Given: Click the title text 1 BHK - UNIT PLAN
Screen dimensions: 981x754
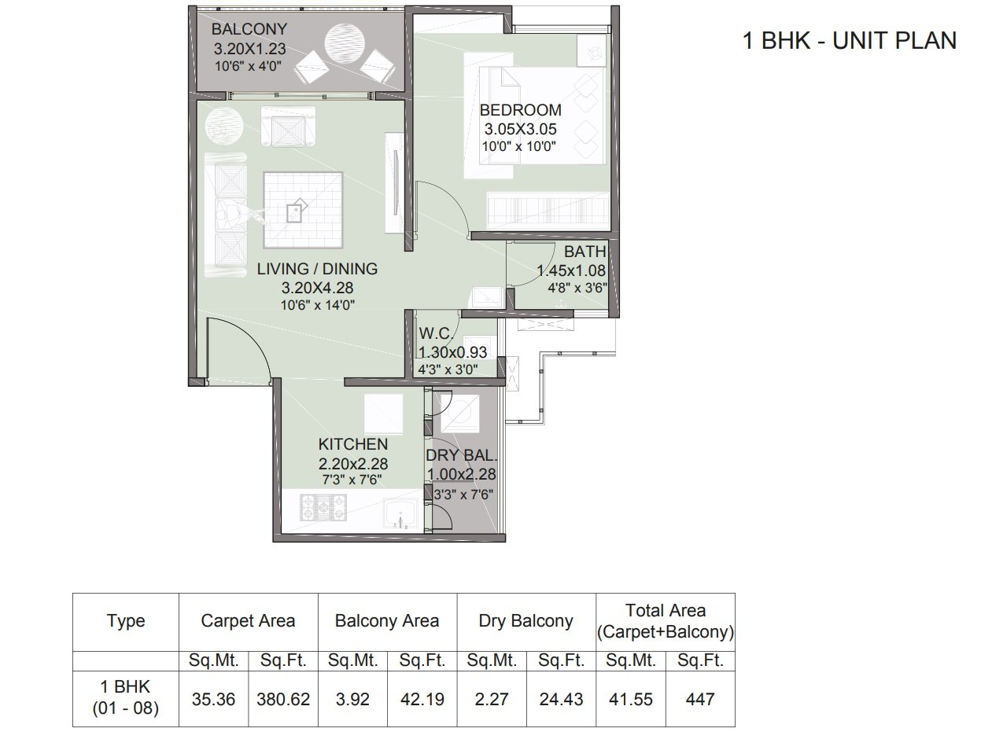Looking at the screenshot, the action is point(849,41).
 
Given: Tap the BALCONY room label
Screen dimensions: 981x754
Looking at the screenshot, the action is point(249,29).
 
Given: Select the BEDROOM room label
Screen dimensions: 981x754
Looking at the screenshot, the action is point(521,110).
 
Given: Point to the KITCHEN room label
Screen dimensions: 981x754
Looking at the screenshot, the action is point(353,444).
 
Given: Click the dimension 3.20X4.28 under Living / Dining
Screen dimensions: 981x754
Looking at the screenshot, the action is point(317,288).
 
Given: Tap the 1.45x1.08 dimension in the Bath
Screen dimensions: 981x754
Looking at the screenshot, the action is point(571,270).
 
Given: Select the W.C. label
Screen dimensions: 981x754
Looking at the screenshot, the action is point(436,334).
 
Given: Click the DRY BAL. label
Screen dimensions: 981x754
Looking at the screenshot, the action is point(461,456).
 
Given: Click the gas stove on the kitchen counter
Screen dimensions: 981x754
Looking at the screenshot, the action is point(323,507).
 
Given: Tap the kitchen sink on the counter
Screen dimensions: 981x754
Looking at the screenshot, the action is point(400,513).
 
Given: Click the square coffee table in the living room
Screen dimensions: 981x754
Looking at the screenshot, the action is point(303,210).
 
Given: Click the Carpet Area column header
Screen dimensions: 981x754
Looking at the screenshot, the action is point(248,621).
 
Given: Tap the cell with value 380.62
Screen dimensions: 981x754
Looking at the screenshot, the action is point(283,700).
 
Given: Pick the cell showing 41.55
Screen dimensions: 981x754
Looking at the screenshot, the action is point(631,700).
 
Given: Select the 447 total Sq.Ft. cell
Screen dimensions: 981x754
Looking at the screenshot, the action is point(700,700).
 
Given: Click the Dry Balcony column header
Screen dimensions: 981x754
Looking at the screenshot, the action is point(526,621).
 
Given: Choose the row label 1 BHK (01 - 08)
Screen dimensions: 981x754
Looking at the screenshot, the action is point(126,697).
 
